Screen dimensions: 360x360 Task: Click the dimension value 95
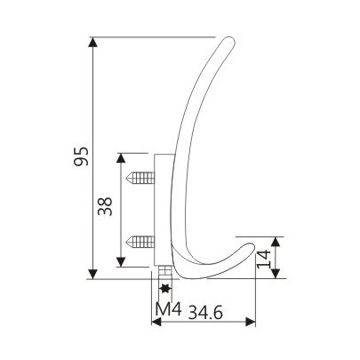(81, 158)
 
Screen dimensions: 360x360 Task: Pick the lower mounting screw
(141, 239)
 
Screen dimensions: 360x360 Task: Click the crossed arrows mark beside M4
(164, 288)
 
